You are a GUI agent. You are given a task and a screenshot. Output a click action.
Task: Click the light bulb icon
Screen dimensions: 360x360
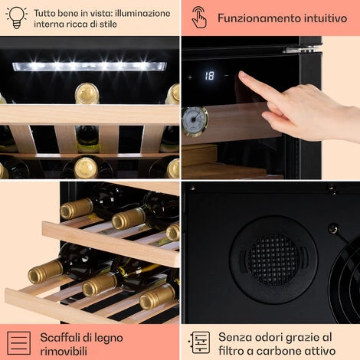(16, 18)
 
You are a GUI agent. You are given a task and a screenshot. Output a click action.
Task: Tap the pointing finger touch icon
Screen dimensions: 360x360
(199, 18)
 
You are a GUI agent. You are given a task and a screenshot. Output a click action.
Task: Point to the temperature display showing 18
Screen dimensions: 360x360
(209, 76)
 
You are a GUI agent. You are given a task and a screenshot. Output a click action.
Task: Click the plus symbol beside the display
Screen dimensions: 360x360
(190, 77)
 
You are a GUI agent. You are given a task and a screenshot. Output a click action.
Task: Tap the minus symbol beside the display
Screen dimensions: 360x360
(226, 76)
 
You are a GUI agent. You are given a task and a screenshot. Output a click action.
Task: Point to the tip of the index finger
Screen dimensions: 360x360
(241, 74)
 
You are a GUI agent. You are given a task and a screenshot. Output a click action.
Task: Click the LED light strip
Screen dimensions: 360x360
(90, 67)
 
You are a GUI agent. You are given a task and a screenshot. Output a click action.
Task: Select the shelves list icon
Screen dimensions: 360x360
(18, 343)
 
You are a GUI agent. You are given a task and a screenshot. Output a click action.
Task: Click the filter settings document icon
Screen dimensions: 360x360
(199, 343)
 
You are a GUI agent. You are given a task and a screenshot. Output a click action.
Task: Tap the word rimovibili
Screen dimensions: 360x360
(64, 351)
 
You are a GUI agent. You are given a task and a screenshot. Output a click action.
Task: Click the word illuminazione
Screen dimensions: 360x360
(142, 13)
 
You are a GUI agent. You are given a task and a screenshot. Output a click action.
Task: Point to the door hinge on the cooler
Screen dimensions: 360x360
(301, 49)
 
